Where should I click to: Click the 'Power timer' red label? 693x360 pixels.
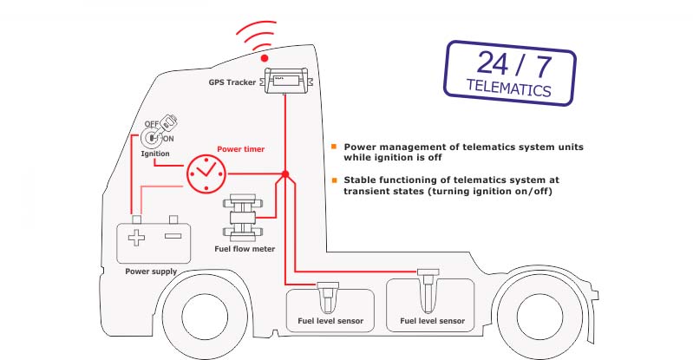click(x=240, y=148)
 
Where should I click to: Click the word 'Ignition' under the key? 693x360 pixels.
click(x=156, y=154)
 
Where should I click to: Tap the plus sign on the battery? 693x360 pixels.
click(x=136, y=238)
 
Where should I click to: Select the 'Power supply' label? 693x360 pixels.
click(x=151, y=272)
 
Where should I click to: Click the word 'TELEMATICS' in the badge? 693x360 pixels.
click(x=508, y=89)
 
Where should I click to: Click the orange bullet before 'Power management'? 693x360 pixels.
click(x=335, y=147)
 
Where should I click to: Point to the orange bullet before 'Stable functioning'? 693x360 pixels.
click(x=335, y=180)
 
